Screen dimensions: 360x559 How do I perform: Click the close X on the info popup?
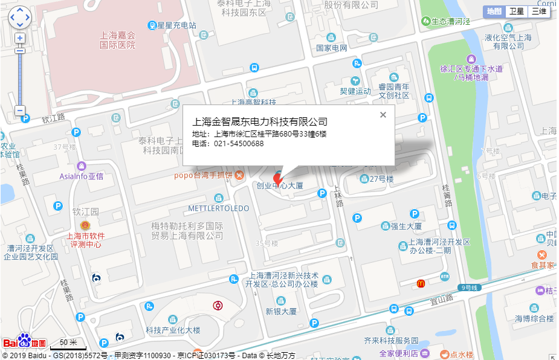tap(383, 115)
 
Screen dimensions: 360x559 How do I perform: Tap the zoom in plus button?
tap(20, 38)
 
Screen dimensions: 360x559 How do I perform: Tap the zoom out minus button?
tap(20, 111)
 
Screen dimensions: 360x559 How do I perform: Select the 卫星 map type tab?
tap(516, 11)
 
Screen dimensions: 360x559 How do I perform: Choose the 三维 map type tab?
tap(538, 11)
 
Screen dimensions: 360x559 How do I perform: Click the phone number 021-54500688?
tap(239, 144)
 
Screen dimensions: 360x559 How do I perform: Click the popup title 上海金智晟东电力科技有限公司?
tap(260, 121)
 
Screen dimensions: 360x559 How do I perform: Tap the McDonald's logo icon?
tap(421, 283)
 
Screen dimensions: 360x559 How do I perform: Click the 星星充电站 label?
tap(176, 25)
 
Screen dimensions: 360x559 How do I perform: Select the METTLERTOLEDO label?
tap(219, 208)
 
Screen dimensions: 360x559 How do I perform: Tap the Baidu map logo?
tap(25, 342)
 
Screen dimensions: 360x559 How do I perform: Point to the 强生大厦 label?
tap(406, 227)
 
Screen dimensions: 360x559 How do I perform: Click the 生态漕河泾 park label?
tap(450, 21)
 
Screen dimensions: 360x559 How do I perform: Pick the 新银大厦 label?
tap(281, 312)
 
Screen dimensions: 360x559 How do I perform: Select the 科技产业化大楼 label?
tap(173, 330)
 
